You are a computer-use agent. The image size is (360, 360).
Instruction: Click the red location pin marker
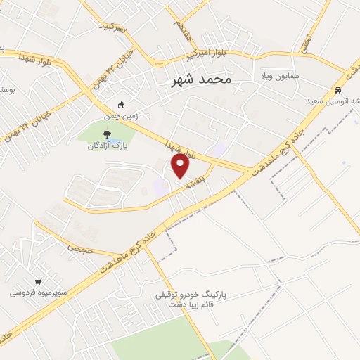tap(181, 166)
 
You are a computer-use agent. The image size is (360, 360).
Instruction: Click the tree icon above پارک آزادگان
tap(107, 134)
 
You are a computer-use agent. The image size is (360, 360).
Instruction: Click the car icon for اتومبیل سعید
tap(338, 91)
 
